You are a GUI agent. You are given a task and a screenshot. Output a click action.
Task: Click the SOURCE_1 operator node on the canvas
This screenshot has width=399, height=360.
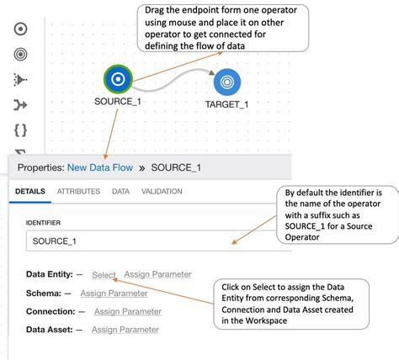(119, 80)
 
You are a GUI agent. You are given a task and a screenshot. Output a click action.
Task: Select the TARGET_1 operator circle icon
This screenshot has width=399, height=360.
(227, 82)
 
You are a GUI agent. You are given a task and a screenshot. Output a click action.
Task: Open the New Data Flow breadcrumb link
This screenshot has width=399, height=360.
(98, 167)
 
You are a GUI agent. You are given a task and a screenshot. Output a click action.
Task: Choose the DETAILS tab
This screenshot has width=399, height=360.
(29, 192)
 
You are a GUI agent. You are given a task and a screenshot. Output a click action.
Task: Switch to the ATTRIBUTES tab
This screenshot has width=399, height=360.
(78, 192)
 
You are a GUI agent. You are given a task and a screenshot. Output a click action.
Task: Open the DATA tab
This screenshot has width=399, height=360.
(120, 192)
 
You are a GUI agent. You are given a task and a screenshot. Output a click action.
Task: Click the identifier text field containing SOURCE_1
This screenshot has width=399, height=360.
(143, 241)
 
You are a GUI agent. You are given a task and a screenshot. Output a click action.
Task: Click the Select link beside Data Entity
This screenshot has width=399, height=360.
(104, 274)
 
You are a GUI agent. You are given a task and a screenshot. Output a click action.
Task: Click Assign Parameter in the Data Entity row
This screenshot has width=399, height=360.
(157, 274)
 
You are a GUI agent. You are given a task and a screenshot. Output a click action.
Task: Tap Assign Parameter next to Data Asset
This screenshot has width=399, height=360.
(125, 330)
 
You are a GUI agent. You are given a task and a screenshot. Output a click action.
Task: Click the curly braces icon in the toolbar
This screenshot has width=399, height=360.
(21, 130)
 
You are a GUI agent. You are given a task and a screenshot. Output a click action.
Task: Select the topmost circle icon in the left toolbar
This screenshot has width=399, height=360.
(21, 29)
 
